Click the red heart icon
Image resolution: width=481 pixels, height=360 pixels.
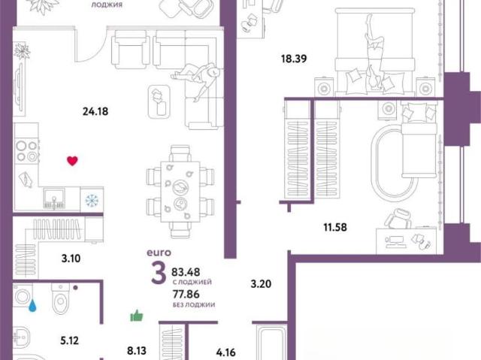point(72,161)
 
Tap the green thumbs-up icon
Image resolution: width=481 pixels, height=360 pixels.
point(137,316)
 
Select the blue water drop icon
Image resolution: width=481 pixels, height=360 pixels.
point(32,306)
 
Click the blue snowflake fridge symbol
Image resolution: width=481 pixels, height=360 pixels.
point(92,200)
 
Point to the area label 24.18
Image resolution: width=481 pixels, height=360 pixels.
point(95,111)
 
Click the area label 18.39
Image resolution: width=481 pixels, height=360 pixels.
point(294,59)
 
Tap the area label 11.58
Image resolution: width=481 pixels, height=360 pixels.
point(335,227)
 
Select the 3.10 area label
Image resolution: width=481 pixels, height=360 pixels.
point(71,259)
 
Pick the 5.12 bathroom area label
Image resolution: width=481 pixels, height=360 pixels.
point(70,340)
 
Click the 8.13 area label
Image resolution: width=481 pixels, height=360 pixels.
point(137,350)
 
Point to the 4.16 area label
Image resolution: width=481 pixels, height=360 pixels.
point(225,352)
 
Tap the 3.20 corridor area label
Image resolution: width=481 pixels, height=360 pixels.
point(261,284)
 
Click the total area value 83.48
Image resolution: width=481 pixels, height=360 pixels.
point(186,272)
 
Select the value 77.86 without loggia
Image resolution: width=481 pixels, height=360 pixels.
point(186,295)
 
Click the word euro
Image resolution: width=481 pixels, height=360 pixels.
point(159,253)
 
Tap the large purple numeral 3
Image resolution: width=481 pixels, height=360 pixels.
point(159,274)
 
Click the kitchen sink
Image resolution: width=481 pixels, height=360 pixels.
point(54,198)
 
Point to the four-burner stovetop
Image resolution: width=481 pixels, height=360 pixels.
point(27,151)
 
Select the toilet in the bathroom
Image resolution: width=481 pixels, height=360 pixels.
point(60,298)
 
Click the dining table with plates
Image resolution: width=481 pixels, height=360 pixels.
point(180,192)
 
